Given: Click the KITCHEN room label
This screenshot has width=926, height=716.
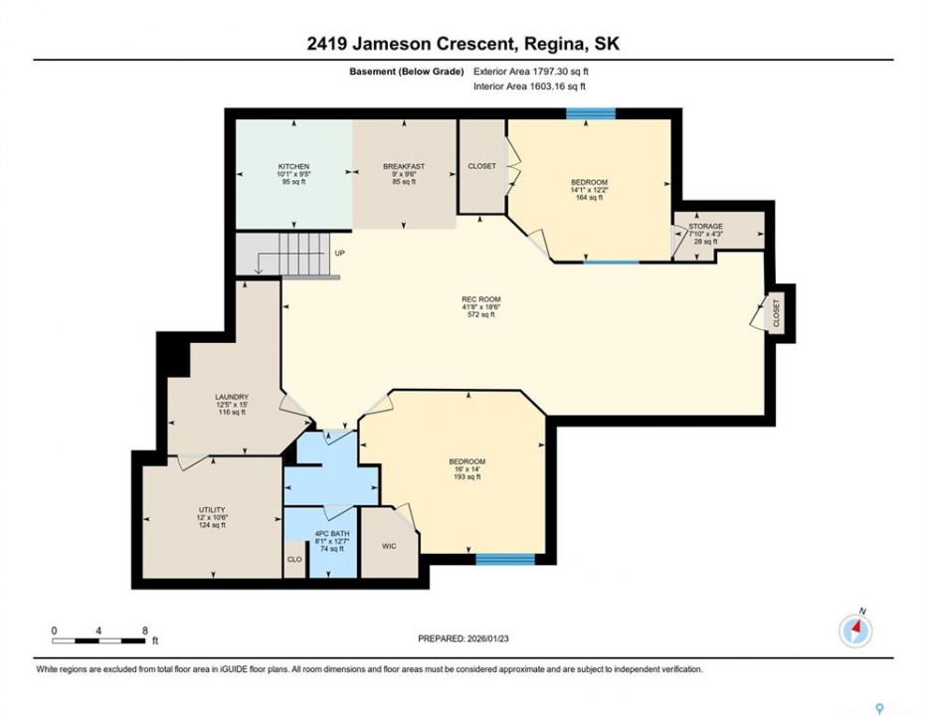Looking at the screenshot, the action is pyautogui.click(x=293, y=166).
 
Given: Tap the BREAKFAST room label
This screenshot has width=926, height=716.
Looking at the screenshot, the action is pyautogui.click(x=404, y=166).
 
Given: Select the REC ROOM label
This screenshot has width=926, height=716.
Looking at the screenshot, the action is pyautogui.click(x=481, y=299).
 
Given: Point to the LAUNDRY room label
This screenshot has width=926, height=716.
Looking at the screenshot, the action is pyautogui.click(x=232, y=397).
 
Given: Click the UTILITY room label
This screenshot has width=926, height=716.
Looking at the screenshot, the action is pyautogui.click(x=212, y=510).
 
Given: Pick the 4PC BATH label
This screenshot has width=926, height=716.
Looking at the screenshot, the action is pyautogui.click(x=332, y=534).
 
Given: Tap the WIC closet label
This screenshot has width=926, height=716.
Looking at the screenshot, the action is pyautogui.click(x=389, y=546).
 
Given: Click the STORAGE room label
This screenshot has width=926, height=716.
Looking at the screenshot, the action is pyautogui.click(x=705, y=226).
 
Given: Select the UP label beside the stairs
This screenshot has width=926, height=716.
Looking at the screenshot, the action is pyautogui.click(x=339, y=254).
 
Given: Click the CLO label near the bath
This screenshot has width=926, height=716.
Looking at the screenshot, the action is pyautogui.click(x=294, y=559).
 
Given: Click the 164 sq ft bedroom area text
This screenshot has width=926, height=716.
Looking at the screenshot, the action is pyautogui.click(x=589, y=198).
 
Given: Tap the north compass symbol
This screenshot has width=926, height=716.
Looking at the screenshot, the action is pyautogui.click(x=855, y=630).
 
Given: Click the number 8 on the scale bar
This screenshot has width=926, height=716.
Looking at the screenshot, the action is pyautogui.click(x=144, y=630).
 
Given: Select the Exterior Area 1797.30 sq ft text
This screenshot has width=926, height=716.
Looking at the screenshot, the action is pyautogui.click(x=531, y=72).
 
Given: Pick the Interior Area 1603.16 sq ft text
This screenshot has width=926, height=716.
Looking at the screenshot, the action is pyautogui.click(x=529, y=87).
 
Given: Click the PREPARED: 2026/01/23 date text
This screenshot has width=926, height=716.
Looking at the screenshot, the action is pyautogui.click(x=463, y=638).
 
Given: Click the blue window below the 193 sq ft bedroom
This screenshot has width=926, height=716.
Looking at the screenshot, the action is pyautogui.click(x=505, y=559).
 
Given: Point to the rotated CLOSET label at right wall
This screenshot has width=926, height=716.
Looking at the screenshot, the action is pyautogui.click(x=776, y=313).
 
